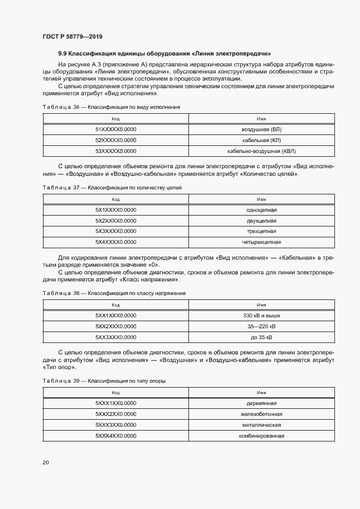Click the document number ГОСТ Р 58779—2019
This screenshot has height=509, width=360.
click(72, 36)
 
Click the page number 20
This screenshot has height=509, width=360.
click(45, 463)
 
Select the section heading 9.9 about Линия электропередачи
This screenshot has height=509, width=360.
click(164, 54)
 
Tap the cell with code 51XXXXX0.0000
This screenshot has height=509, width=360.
click(115, 130)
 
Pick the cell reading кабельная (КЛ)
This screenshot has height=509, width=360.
click(261, 140)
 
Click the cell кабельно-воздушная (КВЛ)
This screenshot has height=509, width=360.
click(261, 151)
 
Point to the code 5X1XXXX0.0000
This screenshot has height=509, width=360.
click(115, 210)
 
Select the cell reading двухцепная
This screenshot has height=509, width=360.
click(261, 220)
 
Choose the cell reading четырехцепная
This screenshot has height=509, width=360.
click(261, 242)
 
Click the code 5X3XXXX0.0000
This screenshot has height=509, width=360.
click(115, 231)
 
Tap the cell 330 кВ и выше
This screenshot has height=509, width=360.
click(261, 316)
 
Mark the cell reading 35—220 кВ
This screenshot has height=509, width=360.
click(261, 327)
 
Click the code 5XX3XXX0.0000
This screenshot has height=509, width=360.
click(115, 337)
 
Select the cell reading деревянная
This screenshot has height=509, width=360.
click(261, 403)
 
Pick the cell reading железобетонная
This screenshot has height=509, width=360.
click(261, 414)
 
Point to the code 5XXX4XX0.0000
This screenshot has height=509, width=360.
click(115, 436)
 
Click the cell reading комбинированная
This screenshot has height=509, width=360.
click(261, 436)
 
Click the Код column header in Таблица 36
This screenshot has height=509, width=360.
click(115, 119)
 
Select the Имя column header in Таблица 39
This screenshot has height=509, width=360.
click(261, 393)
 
